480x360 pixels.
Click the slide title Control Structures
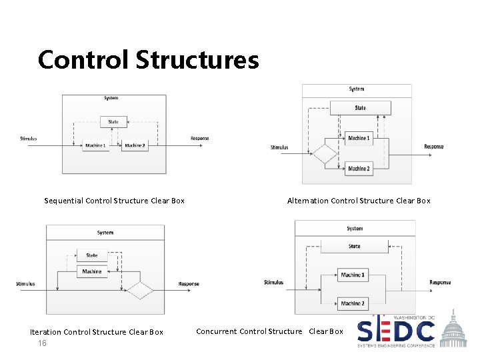[x=148, y=60]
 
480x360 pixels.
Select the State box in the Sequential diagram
[x=113, y=121]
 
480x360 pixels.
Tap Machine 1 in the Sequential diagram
[x=95, y=145]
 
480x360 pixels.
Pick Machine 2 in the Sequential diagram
[x=135, y=145]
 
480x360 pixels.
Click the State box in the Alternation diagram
[x=360, y=108]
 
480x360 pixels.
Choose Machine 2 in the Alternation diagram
[x=359, y=169]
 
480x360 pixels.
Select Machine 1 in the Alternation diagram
[x=359, y=139]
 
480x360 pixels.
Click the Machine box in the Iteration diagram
[x=92, y=271]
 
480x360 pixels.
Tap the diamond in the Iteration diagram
[x=140, y=291]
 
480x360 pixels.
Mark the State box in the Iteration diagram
[x=92, y=255]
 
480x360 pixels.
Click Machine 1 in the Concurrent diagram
[x=352, y=275]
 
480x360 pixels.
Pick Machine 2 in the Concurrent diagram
[x=352, y=303]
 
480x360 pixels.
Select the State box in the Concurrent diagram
[x=354, y=247]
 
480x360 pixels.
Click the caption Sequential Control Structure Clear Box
[x=114, y=201]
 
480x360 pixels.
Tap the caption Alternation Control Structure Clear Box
[x=359, y=201]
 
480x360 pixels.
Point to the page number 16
[x=43, y=343]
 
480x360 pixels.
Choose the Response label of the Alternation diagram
[x=433, y=147]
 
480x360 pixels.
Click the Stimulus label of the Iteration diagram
[x=25, y=284]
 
